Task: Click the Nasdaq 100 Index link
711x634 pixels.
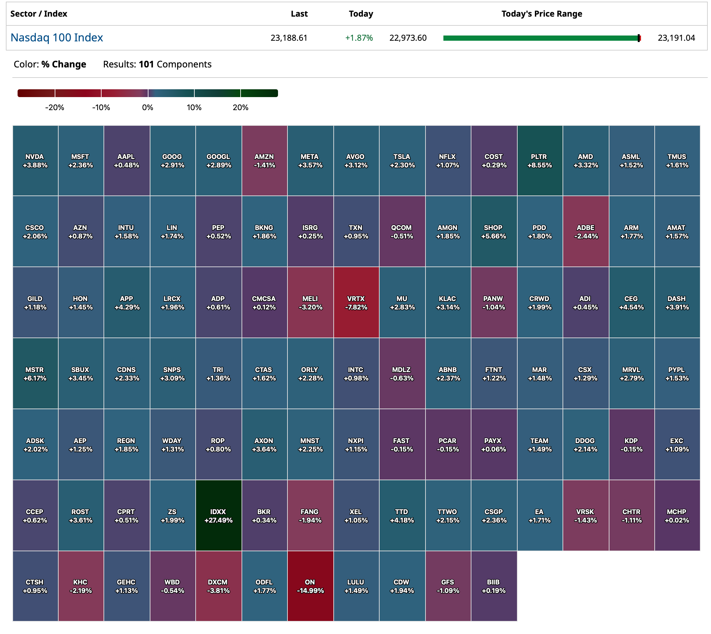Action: (57, 37)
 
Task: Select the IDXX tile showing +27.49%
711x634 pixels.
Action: (218, 515)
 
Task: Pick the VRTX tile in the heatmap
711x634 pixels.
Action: (356, 302)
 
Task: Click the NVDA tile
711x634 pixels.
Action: (35, 161)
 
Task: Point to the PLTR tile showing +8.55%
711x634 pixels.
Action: (539, 161)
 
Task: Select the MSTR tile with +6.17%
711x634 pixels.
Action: (35, 373)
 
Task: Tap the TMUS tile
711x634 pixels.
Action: (677, 161)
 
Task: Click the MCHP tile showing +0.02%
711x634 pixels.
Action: (677, 515)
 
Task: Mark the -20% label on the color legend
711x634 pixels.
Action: (55, 107)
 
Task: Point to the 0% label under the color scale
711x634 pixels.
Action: (147, 107)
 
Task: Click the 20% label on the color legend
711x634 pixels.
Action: (241, 107)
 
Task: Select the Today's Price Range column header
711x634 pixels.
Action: (541, 14)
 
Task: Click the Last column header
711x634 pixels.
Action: (299, 14)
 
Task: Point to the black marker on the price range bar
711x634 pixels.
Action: (638, 38)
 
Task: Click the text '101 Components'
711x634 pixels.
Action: (175, 65)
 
